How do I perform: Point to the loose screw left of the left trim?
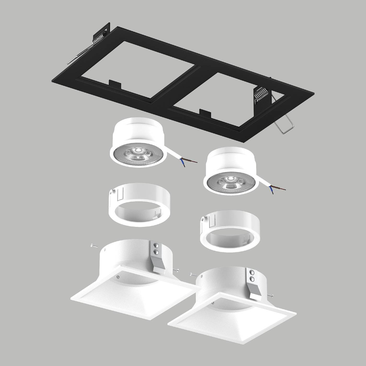[x=93, y=245]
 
